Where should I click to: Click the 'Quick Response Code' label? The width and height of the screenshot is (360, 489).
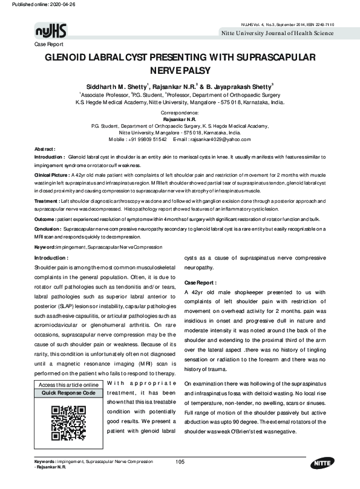(x=68, y=393)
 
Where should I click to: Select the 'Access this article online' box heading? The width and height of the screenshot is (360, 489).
(x=68, y=386)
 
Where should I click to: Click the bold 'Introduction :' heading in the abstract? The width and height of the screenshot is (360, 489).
(x=50, y=156)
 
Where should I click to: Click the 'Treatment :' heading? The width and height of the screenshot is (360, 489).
(x=47, y=200)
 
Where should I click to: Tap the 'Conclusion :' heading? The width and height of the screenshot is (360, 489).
(x=48, y=229)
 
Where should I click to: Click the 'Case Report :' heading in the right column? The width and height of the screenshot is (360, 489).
(x=200, y=283)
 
